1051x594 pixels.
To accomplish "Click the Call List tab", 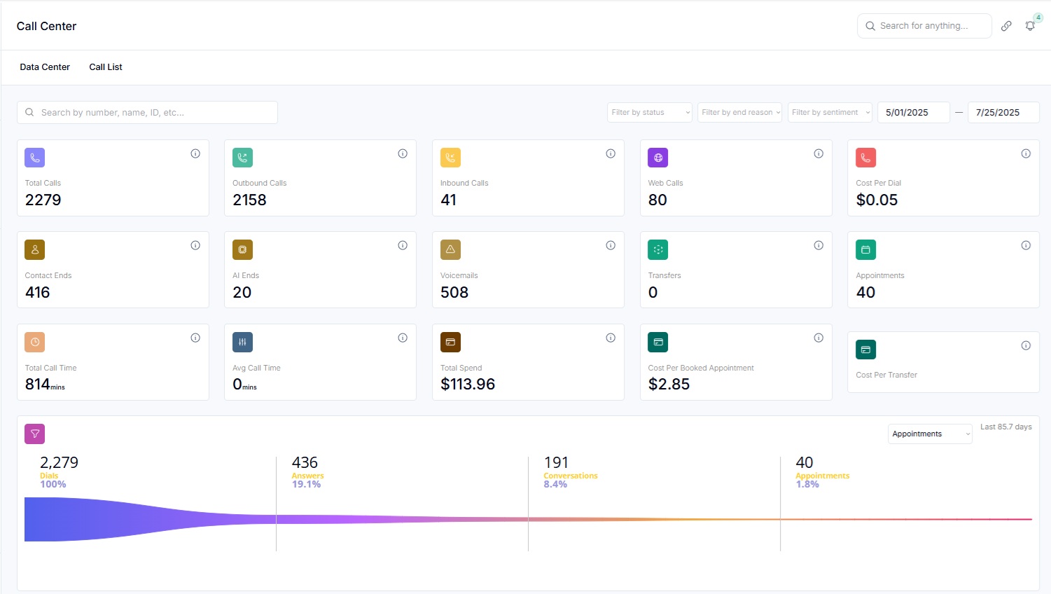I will [x=106, y=67].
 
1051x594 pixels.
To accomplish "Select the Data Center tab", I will [x=45, y=67].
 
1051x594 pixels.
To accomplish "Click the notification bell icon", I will [x=1030, y=26].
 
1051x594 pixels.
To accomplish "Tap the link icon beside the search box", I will [x=1006, y=26].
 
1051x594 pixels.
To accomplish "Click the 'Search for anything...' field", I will [x=924, y=26].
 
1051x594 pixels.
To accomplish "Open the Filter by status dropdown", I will [x=649, y=112].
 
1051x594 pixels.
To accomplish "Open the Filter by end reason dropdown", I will [x=739, y=112].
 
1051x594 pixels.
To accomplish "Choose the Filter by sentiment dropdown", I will [x=830, y=112].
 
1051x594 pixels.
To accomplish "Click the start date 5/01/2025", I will [x=913, y=112].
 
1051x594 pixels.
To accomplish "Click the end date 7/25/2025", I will [x=1003, y=112].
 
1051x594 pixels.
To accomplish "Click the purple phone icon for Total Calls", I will [x=35, y=158].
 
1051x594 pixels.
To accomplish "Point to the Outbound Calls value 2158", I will [x=249, y=200].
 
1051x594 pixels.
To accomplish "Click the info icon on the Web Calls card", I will [x=819, y=153].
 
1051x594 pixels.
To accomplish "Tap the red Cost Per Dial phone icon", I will [x=866, y=158].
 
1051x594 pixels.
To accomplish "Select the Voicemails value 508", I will [x=454, y=293].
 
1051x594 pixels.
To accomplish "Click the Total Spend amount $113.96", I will [x=468, y=385].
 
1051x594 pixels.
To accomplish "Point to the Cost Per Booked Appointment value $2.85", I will [x=669, y=385].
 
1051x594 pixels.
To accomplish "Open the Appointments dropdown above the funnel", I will [x=930, y=434].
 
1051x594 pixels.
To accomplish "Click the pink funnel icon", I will [x=35, y=434].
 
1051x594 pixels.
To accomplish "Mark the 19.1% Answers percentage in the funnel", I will [x=306, y=485].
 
